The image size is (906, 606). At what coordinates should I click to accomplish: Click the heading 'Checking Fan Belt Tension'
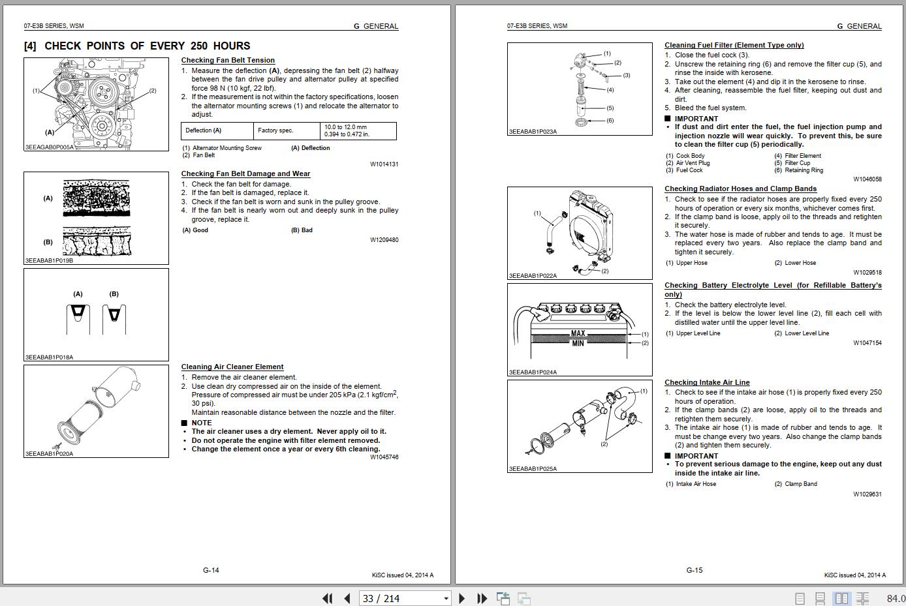coord(228,60)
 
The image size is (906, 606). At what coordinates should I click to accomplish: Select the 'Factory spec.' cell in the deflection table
coord(275,130)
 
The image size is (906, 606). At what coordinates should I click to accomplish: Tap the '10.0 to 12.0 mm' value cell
coord(345,127)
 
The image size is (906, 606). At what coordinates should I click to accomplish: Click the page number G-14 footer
coord(211,570)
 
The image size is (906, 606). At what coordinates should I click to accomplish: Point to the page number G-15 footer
coord(695,570)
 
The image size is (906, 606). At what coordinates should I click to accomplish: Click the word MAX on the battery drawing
coord(578,333)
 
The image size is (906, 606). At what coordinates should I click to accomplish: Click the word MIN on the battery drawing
coord(578,342)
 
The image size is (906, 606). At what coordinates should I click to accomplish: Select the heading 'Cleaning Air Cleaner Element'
coord(232,367)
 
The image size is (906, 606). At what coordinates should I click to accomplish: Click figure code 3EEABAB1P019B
coord(49,261)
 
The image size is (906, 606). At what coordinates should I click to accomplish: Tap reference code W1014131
coord(384,164)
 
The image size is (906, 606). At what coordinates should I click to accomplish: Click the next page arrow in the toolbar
coord(462,598)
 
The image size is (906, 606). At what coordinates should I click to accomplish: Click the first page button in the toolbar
coord(328,598)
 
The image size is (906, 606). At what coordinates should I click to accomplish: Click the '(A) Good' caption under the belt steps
coord(195,230)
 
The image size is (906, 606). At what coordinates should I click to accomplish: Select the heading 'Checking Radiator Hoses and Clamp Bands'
coord(740,189)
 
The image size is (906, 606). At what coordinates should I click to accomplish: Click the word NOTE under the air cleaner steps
coord(202,423)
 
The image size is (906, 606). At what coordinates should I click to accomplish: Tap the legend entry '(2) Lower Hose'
coord(795,263)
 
